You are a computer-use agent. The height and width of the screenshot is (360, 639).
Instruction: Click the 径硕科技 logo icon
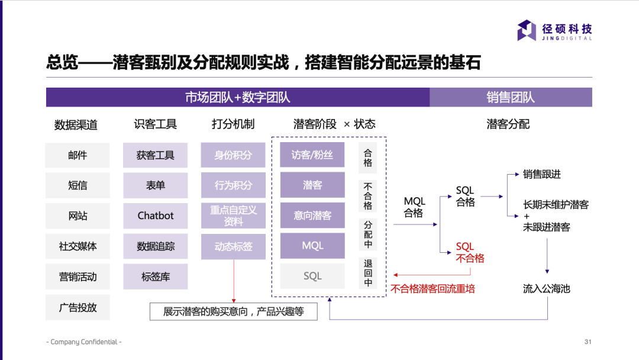526,30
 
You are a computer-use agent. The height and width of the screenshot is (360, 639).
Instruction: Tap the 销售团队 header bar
511,97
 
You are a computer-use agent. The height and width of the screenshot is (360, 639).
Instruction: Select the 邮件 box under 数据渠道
78,155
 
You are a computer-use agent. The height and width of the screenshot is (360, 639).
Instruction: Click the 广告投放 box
78,307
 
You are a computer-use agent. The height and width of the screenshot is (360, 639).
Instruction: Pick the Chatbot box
156,216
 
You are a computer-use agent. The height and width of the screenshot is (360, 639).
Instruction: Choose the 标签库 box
156,277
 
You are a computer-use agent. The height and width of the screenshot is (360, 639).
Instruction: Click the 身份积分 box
233,155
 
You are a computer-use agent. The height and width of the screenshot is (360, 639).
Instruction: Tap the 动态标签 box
233,246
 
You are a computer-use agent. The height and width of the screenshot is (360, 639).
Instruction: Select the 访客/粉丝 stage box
312,155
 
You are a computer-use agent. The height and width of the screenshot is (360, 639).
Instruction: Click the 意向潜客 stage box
312,216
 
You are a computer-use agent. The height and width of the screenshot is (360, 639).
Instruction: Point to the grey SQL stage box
312,276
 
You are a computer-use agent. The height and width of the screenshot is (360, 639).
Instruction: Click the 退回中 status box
368,273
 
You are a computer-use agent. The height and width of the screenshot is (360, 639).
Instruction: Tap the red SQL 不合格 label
470,252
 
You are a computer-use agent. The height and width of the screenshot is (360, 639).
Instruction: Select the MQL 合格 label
414,207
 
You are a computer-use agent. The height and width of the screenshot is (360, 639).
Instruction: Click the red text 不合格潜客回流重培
433,289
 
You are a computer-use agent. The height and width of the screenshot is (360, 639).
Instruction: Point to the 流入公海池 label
546,289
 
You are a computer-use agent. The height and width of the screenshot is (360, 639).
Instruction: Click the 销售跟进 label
541,174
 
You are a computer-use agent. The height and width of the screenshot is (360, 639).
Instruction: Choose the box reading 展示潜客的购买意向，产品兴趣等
233,311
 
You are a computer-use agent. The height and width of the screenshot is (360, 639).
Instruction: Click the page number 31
588,342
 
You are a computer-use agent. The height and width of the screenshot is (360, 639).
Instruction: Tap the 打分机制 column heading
233,124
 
